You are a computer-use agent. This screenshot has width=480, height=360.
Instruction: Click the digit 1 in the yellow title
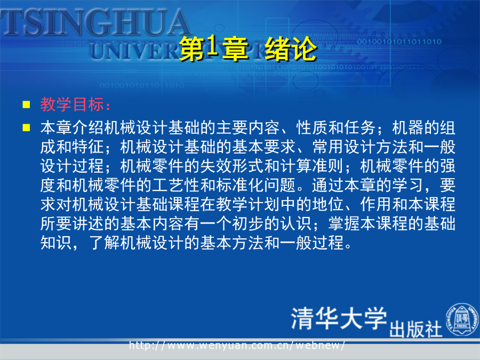[212, 47]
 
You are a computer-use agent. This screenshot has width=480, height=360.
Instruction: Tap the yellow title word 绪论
[290, 49]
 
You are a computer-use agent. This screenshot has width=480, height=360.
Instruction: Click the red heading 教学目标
[72, 105]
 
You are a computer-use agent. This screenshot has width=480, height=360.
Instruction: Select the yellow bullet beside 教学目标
[26, 105]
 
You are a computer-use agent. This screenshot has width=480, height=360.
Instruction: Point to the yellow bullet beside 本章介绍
[26, 127]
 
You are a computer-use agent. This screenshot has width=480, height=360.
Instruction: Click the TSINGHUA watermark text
[95, 22]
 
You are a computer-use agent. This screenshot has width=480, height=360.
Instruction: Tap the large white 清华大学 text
[339, 318]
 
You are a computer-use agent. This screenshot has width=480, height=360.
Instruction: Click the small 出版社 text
[415, 330]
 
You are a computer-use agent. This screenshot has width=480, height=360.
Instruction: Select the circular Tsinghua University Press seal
[462, 319]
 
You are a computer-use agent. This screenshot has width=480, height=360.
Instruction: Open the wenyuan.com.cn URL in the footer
[237, 345]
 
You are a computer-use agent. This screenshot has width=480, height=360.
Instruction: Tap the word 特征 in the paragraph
[88, 147]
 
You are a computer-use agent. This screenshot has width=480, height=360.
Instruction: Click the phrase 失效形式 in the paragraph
[232, 166]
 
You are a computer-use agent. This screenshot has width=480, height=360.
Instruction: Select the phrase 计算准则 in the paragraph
[311, 166]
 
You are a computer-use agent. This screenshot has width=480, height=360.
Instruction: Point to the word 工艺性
[175, 185]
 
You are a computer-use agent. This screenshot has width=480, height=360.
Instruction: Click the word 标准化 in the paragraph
[239, 185]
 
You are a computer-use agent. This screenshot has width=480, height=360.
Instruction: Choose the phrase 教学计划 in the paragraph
[247, 204]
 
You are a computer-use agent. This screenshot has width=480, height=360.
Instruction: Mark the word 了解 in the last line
[104, 243]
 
